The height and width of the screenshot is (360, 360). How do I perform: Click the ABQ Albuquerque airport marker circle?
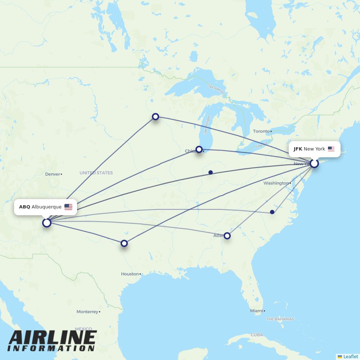coord(47,223)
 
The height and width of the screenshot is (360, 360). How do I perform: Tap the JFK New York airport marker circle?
coord(314,163)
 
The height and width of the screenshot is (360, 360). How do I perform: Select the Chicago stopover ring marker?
coord(199,149)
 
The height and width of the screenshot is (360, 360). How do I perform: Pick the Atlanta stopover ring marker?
coord(227,236)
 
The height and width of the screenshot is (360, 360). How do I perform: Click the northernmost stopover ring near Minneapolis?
coord(156,117)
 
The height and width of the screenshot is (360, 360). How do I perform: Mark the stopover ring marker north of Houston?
coord(124,243)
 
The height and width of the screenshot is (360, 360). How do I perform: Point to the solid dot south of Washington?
coord(272,212)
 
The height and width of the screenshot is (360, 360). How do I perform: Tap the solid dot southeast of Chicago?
coord(211,172)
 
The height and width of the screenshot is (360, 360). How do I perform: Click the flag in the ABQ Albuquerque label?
coord(68,207)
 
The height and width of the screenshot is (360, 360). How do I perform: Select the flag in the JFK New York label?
coord(331,149)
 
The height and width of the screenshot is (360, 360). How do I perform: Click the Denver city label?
coord(53,174)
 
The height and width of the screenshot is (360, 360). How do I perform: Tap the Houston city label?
coord(130,274)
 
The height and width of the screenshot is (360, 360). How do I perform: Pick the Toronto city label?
coord(261,131)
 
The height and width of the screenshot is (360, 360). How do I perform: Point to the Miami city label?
coord(256,311)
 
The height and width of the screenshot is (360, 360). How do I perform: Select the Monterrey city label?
coord(87,312)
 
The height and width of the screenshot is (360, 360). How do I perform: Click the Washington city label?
coord(276,183)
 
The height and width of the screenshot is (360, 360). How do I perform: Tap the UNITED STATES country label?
coord(96,173)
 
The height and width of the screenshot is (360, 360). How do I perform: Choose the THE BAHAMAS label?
coord(280,319)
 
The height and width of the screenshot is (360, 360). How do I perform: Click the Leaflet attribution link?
coord(350,356)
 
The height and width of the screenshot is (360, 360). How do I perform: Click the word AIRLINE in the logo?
coord(52,338)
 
